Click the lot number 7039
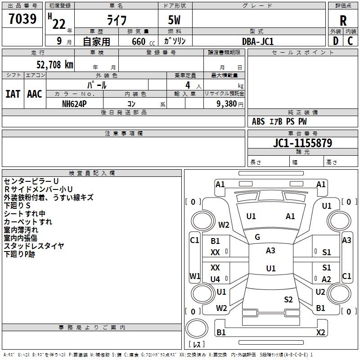22,18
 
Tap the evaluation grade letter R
343,21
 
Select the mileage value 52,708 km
55,65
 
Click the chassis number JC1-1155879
302,143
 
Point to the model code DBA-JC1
258,41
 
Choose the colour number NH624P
74,104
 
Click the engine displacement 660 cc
143,41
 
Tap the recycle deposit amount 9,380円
230,104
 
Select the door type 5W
174,20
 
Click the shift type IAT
13,94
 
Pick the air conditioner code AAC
35,94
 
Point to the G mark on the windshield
257,237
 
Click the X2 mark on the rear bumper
320,332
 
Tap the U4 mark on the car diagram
215,279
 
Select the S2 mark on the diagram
288,299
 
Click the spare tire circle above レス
197,328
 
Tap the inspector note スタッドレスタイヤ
34,246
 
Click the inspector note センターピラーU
31,181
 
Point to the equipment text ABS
258,121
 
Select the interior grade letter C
350,41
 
